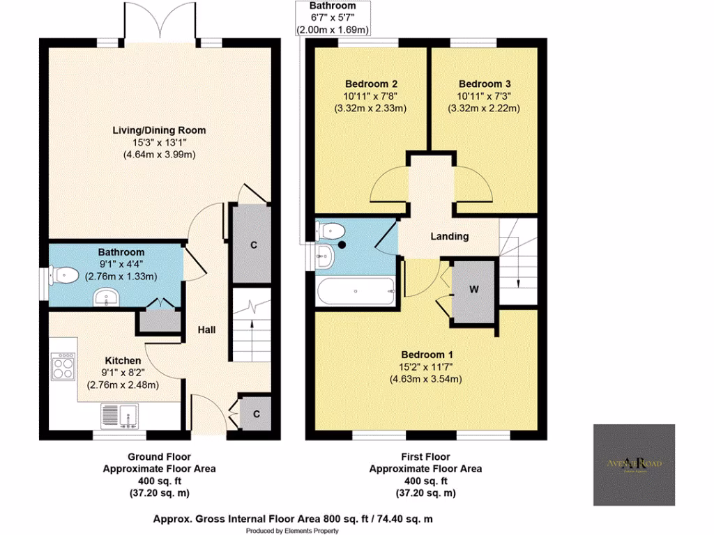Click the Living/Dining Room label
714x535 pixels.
tap(160, 130)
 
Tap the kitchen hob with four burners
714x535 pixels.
tap(63, 366)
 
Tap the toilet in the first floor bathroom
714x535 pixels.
tap(328, 231)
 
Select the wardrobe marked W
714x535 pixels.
tap(473, 290)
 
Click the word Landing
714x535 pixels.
tap(449, 237)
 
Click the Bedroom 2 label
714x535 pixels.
tap(367, 84)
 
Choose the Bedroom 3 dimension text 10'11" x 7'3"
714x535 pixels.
tap(485, 95)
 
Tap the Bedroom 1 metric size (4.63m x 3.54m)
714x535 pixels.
tap(426, 379)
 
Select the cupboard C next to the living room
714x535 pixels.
tap(253, 245)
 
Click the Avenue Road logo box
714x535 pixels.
tap(634, 464)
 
